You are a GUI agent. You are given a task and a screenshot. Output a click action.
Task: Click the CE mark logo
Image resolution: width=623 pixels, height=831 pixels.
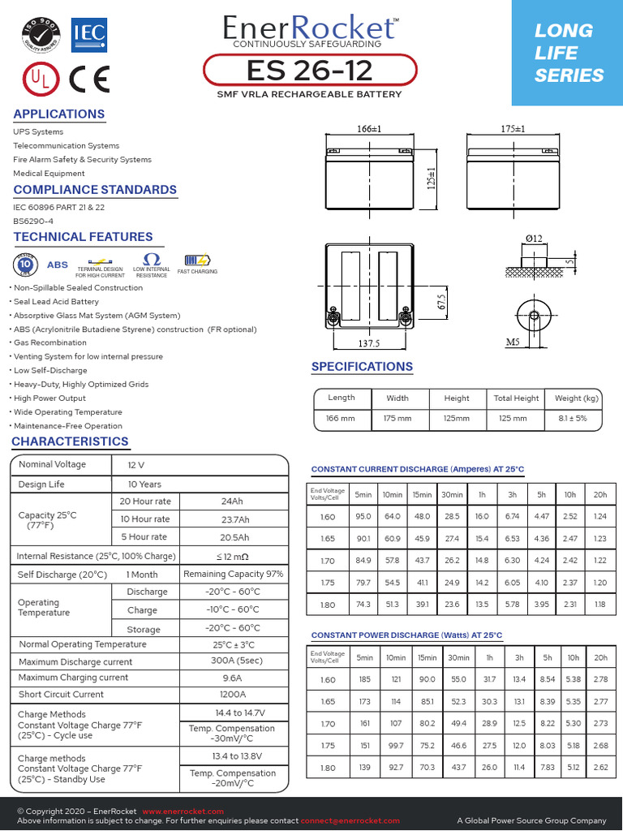point(89,78)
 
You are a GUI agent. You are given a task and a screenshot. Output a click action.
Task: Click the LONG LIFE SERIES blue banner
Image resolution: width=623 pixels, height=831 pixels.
point(567,53)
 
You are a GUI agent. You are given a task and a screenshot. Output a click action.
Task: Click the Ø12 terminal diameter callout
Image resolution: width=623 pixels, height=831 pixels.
point(534,238)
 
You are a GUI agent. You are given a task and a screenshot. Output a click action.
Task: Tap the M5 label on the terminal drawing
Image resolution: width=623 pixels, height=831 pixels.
point(512,342)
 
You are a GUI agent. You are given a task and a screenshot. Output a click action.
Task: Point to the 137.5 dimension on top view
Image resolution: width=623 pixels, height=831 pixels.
point(369,343)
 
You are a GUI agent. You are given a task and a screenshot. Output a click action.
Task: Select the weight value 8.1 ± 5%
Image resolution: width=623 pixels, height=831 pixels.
point(577,419)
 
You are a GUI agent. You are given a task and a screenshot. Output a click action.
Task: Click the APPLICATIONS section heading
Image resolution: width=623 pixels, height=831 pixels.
point(59,114)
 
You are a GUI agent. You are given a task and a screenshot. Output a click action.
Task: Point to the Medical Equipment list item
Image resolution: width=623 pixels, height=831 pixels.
point(49,173)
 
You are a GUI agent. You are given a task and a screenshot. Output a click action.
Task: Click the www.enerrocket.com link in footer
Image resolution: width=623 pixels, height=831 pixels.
point(183,812)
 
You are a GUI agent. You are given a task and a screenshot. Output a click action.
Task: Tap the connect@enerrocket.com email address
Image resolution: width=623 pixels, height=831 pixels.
point(351,821)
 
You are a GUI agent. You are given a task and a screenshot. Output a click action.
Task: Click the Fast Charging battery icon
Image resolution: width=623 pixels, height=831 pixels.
point(197,261)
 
